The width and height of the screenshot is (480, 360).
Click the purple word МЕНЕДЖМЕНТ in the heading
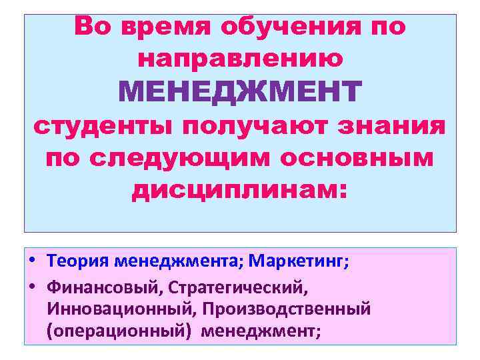(x=240, y=92)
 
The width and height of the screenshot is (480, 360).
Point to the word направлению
(x=240, y=59)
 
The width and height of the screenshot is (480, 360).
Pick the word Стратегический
(x=238, y=287)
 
